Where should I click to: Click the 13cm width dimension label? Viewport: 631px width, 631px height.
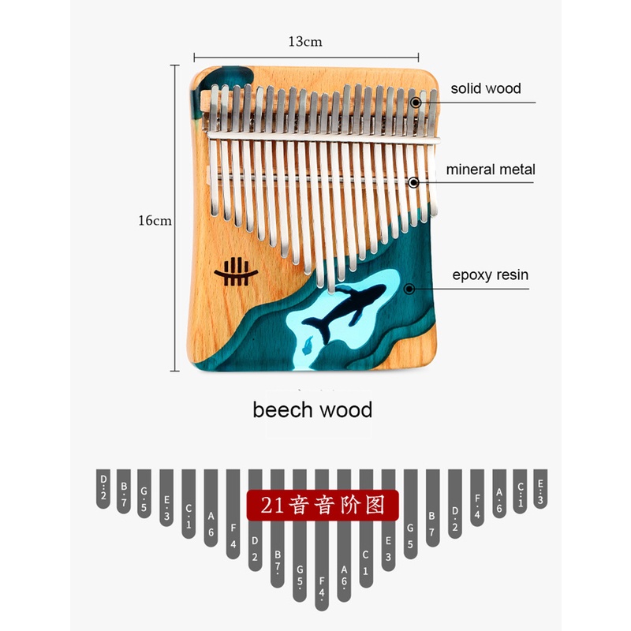click(305, 42)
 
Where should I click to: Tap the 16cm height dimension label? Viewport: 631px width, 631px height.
click(155, 221)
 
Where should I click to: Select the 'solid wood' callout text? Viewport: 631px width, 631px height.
click(486, 88)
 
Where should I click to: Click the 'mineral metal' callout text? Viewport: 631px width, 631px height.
click(491, 170)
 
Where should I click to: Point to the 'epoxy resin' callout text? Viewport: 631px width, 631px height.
click(490, 275)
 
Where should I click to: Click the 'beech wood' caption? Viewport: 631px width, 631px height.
click(312, 410)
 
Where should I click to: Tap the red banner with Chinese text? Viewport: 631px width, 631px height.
click(319, 505)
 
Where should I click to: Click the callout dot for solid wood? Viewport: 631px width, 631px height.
click(415, 103)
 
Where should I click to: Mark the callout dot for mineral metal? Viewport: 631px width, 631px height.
click(413, 182)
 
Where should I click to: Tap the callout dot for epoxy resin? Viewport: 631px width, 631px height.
click(409, 289)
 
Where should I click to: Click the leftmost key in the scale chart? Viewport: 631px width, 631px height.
click(103, 488)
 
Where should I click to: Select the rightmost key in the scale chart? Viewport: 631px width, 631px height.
click(540, 488)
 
